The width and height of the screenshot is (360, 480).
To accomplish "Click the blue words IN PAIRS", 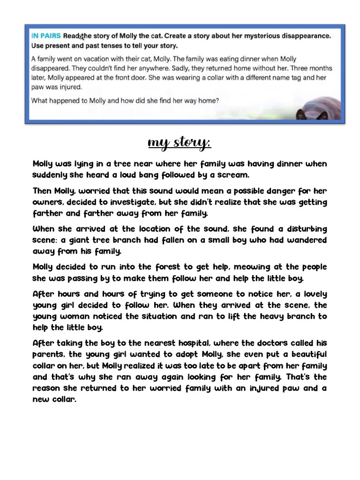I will click(45, 36).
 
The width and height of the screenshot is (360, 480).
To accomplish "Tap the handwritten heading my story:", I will click(180, 142).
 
